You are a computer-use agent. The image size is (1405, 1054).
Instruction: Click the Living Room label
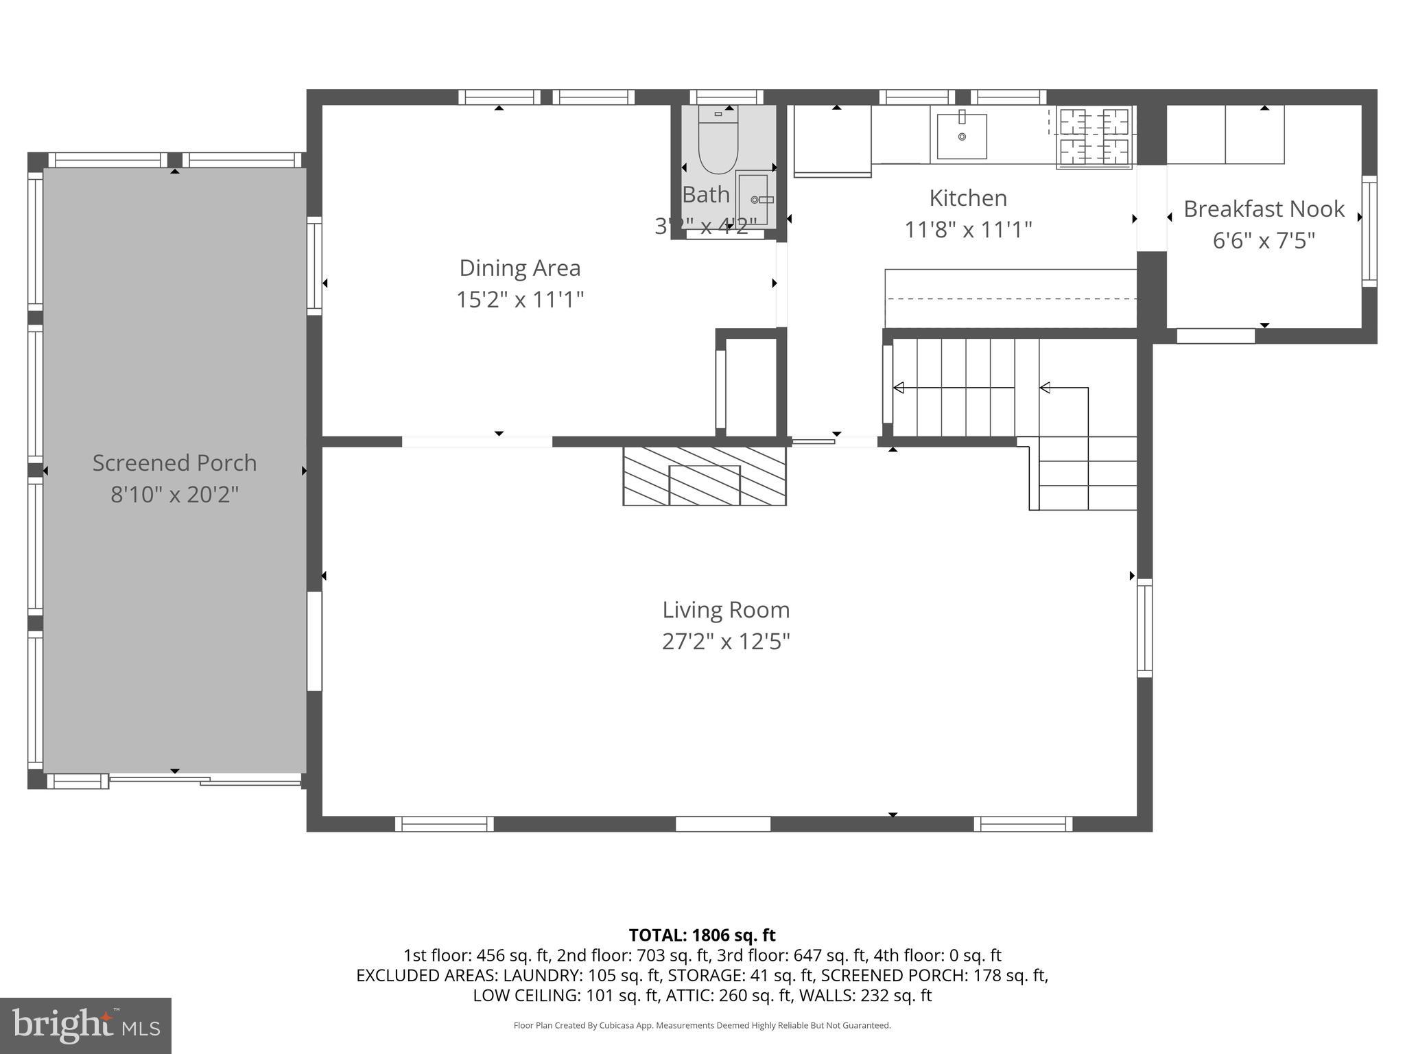725,609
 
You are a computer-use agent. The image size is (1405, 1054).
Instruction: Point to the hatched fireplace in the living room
705,476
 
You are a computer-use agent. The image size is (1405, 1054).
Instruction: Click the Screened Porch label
174,462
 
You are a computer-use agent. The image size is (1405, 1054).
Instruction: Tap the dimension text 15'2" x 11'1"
519,300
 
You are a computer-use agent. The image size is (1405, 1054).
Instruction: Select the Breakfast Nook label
1264,209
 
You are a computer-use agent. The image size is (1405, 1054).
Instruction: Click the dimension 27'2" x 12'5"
725,642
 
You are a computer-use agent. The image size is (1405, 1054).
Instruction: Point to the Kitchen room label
968,198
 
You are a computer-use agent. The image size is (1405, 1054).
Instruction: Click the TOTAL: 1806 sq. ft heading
702,935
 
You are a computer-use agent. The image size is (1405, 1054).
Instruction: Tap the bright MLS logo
86,1025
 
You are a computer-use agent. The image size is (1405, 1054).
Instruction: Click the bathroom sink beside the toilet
753,199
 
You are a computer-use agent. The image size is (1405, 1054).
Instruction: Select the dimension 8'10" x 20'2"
174,494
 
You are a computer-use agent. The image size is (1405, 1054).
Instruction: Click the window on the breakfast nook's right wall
1369,231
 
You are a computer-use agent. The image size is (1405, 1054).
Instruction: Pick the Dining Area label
519,268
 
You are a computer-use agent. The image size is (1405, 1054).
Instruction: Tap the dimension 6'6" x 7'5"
1264,241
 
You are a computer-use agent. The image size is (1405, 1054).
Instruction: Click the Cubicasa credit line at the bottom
702,1026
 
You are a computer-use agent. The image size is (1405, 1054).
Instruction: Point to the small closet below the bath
751,386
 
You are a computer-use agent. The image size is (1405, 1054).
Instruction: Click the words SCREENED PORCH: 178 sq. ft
934,975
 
